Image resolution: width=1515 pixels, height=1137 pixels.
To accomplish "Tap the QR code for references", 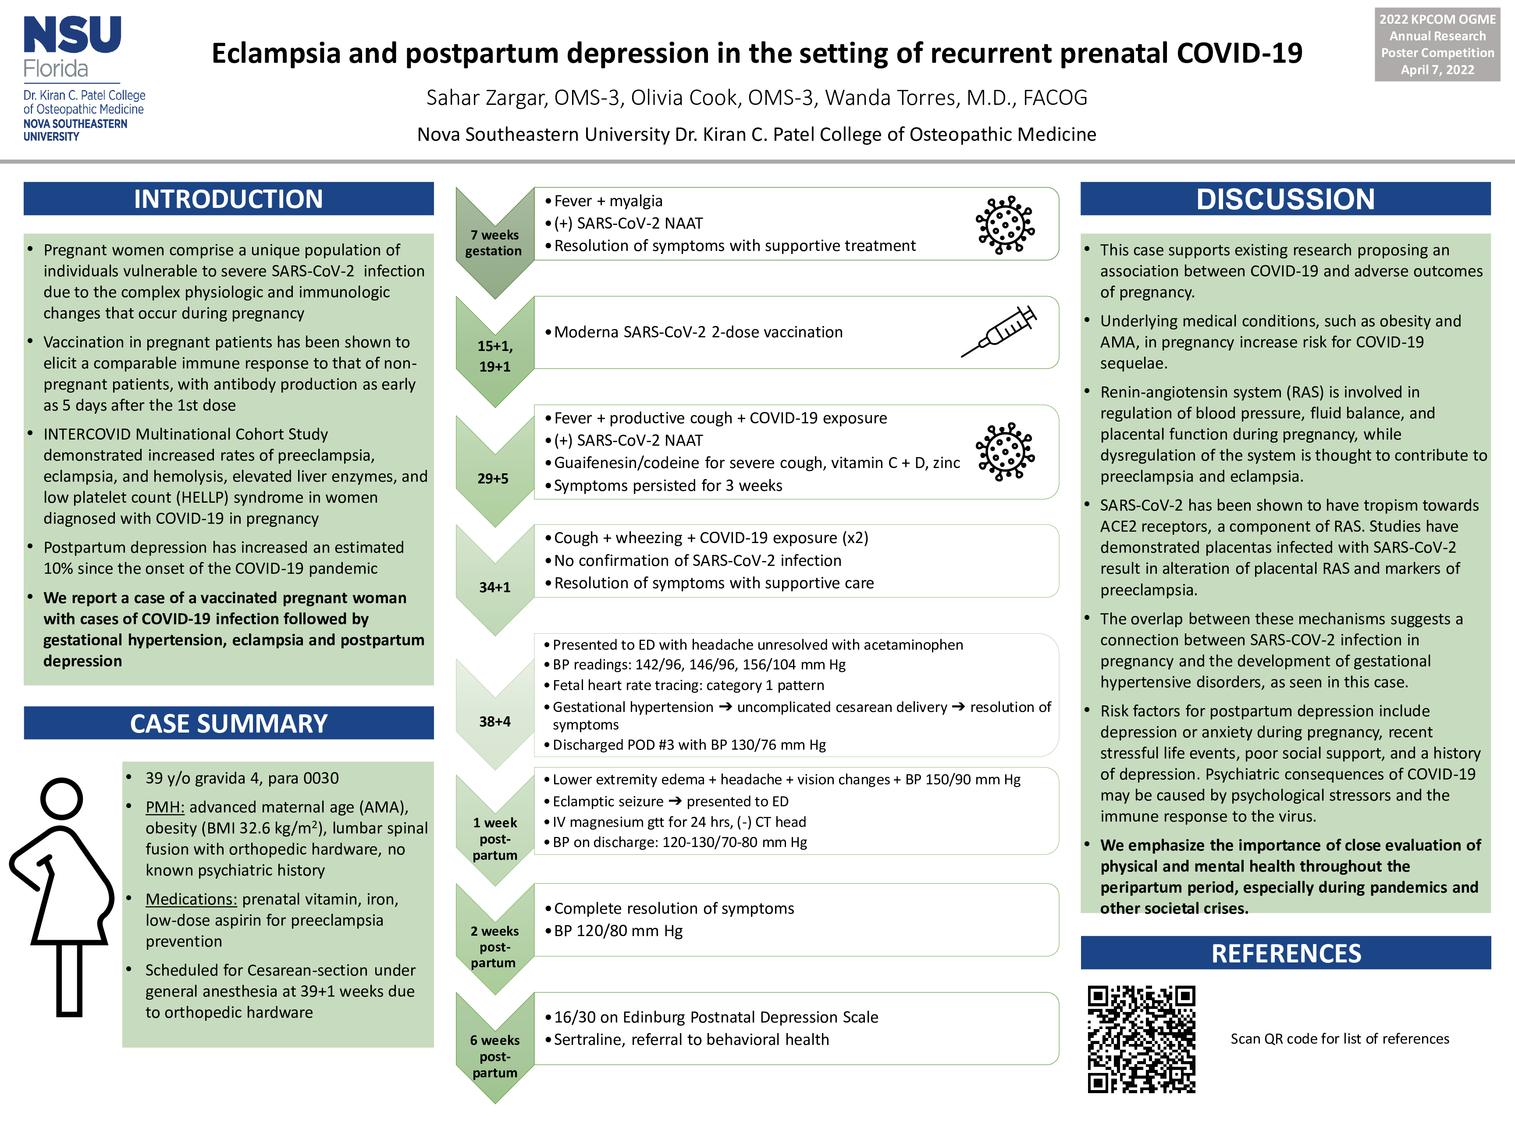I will point(1141,1038).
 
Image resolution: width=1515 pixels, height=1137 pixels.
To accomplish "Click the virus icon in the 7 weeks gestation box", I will point(1005,225).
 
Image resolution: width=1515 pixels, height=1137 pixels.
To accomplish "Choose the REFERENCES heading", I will point(1286,953).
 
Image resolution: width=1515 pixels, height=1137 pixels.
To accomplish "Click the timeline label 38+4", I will point(494,721).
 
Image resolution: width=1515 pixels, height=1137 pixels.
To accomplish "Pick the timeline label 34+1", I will point(494,587).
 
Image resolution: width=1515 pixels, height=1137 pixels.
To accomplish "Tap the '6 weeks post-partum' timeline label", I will point(494,1056).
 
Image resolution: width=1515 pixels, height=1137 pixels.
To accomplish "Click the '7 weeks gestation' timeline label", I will point(494,243).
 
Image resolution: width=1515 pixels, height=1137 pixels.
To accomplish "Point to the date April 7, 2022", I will point(1437,69).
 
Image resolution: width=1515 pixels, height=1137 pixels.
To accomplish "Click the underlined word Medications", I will point(191,899).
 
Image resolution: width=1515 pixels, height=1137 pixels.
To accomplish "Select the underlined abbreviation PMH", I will point(164,807).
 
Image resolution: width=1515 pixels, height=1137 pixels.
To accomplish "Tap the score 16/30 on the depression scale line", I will point(573,1017).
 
